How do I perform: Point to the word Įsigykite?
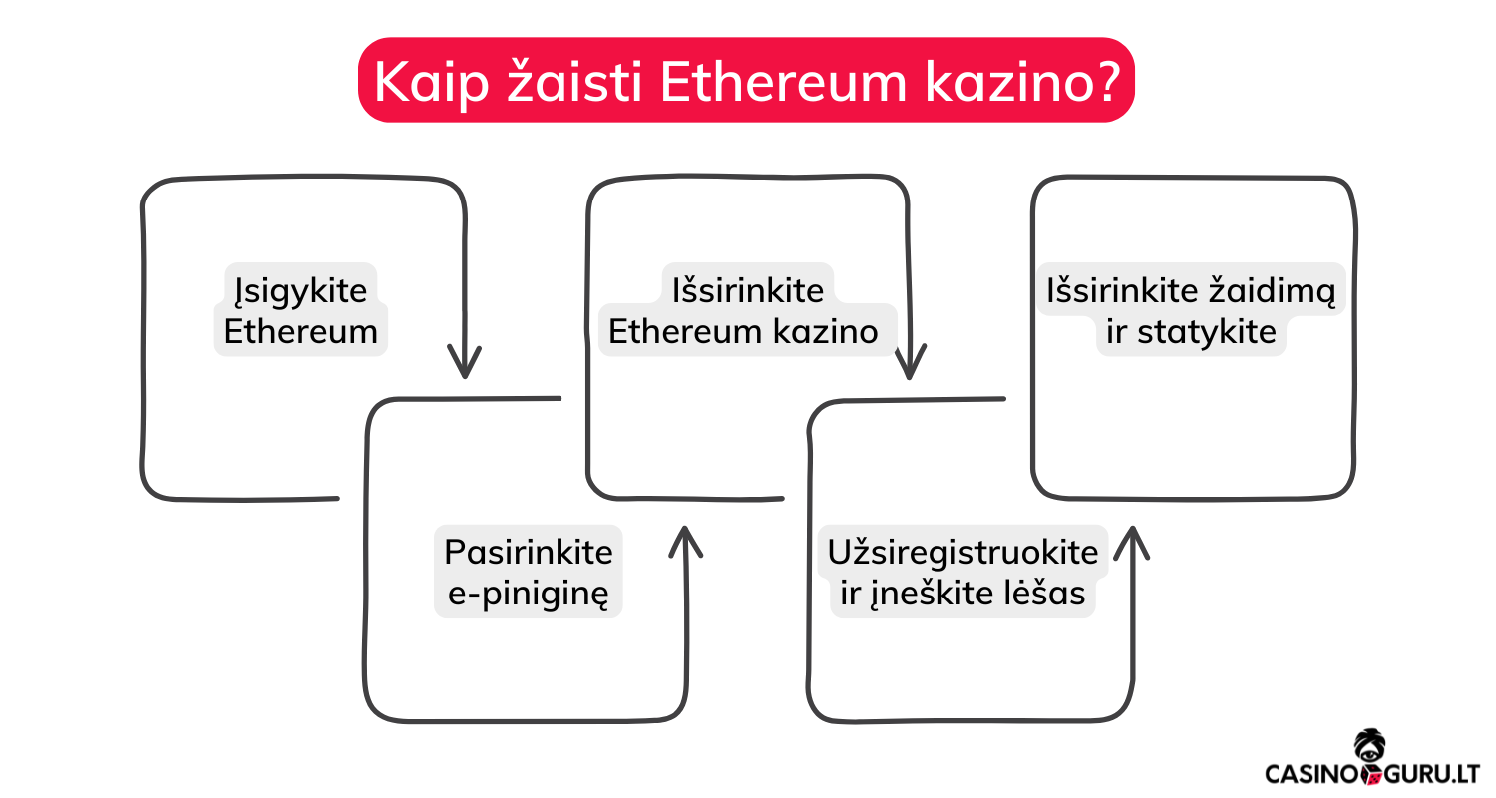click(300, 290)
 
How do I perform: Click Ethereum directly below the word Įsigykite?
click(300, 332)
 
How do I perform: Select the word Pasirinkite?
click(529, 551)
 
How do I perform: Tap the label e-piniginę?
click(529, 595)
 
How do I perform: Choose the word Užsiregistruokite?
click(962, 551)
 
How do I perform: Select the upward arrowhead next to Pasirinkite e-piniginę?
click(685, 543)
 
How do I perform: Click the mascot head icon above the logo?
click(1367, 746)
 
